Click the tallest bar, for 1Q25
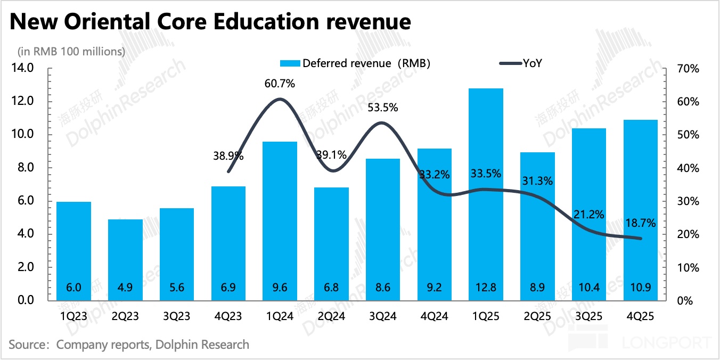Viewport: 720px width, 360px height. (x=486, y=192)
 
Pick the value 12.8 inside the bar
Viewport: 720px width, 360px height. (x=486, y=288)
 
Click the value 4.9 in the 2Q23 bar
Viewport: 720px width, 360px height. (x=126, y=288)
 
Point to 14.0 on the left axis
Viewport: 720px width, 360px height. (x=23, y=68)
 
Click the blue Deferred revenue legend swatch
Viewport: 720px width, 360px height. (x=290, y=63)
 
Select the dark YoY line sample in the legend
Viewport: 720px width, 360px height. (x=509, y=63)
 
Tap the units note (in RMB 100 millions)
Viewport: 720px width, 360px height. (x=71, y=52)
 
